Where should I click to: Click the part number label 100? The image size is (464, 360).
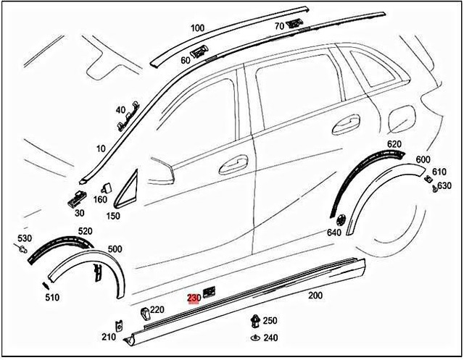[196, 28]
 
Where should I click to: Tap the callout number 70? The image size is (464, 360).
[279, 27]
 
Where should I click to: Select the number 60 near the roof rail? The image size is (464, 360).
[186, 61]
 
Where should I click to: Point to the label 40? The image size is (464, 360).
[120, 110]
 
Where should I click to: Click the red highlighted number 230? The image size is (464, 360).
[194, 298]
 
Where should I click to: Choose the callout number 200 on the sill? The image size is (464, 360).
[315, 296]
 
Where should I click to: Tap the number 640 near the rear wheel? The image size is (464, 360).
[333, 233]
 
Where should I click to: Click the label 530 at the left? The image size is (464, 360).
[25, 238]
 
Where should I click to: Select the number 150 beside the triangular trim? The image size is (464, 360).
[113, 215]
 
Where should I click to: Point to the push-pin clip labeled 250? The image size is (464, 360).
[254, 319]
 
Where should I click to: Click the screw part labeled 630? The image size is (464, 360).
[434, 188]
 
